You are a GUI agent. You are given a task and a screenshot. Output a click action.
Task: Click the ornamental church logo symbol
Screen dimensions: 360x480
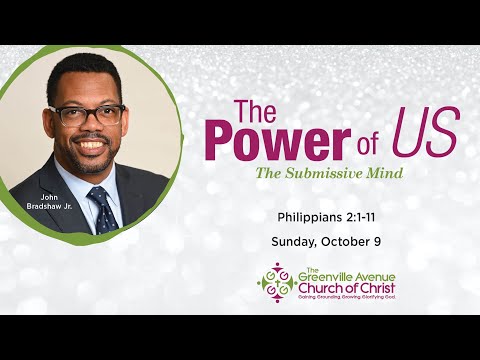click(x=276, y=282)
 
